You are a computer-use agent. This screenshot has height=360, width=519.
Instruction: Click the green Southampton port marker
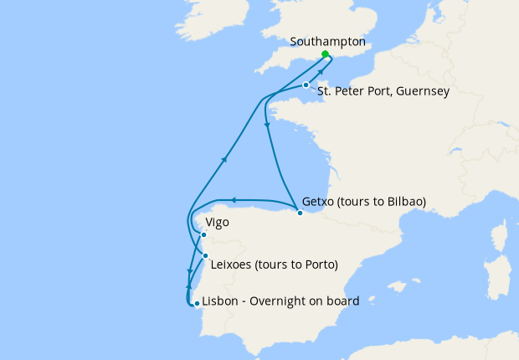pyautogui.click(x=325, y=54)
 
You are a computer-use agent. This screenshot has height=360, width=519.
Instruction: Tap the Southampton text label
pyautogui.click(x=328, y=41)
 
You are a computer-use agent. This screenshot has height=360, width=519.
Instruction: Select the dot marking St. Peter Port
pyautogui.click(x=306, y=85)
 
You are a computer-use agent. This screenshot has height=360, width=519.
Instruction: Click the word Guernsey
pyautogui.click(x=423, y=91)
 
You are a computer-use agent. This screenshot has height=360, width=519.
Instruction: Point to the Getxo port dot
pyautogui.click(x=301, y=213)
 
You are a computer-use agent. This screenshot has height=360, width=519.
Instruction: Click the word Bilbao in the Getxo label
pyautogui.click(x=403, y=202)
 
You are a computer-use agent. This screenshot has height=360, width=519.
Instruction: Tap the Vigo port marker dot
pyautogui.click(x=203, y=235)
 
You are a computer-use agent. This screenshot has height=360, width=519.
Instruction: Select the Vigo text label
pyautogui.click(x=217, y=224)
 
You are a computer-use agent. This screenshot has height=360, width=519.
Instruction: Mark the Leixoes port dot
pyautogui.click(x=205, y=255)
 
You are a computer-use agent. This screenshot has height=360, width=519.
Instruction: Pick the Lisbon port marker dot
pyautogui.click(x=196, y=304)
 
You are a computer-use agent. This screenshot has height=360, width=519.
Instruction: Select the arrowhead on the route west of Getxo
pyautogui.click(x=234, y=199)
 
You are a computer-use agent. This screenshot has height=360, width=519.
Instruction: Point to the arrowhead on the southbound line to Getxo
pyautogui.click(x=267, y=125)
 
